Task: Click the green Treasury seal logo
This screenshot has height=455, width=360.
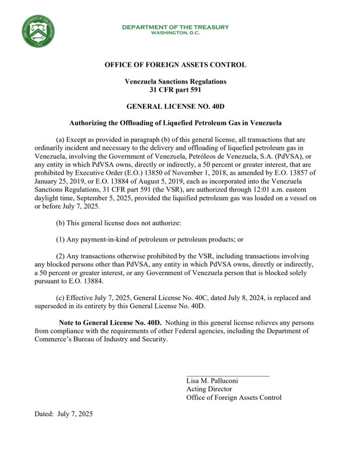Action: [x=38, y=31]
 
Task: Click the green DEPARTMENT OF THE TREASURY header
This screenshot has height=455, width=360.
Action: [x=175, y=27]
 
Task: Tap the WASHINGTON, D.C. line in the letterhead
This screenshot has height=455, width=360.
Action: [x=175, y=33]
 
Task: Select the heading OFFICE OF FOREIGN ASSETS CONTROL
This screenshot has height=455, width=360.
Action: [x=175, y=65]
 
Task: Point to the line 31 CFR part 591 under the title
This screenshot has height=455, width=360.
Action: [x=175, y=89]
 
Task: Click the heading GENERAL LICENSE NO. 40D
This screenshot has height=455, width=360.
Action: [x=175, y=106]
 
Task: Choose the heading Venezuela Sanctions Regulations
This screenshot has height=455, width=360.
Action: [x=175, y=81]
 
